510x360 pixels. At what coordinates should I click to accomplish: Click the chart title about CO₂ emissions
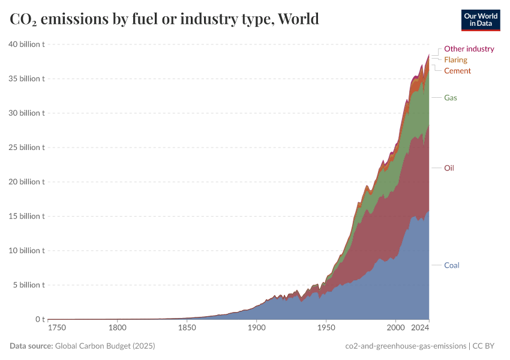click(x=164, y=19)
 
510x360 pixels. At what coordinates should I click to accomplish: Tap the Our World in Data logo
click(x=480, y=20)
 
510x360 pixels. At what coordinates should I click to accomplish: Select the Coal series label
click(x=451, y=265)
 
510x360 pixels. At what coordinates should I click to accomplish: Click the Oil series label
click(x=449, y=168)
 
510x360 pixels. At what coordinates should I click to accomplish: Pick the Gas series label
click(x=451, y=97)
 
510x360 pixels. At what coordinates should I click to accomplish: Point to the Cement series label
click(x=457, y=71)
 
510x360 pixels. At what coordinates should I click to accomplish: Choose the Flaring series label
click(x=455, y=60)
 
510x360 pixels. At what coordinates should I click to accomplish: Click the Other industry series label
click(x=469, y=49)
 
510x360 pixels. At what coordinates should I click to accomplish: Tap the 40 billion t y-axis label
click(x=26, y=44)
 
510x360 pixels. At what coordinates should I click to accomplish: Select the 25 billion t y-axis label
click(x=26, y=148)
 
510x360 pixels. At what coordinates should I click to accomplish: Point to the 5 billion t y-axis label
click(x=28, y=285)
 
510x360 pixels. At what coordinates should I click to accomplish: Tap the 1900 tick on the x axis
click(x=256, y=328)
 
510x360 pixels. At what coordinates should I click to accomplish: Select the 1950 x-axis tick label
click(x=326, y=328)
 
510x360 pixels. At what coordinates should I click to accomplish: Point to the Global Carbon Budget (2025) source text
click(x=104, y=346)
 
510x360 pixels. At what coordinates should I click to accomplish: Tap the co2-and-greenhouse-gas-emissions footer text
click(x=406, y=346)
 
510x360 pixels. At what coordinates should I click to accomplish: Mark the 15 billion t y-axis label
click(x=26, y=216)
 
